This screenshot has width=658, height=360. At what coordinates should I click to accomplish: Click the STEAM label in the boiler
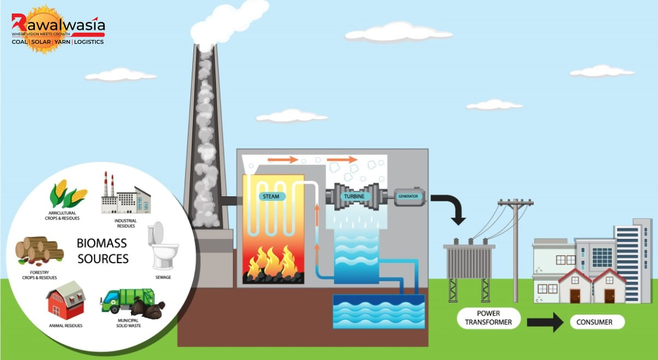tap(271, 196)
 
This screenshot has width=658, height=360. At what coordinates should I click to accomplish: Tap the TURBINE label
tap(354, 196)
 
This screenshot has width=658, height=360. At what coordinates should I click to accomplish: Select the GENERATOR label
tap(408, 196)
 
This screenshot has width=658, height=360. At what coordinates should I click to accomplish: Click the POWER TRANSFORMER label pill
tap(489, 318)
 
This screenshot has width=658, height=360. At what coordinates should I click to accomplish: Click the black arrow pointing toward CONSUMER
tap(545, 322)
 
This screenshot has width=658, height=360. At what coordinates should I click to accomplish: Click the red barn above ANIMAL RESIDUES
tap(66, 300)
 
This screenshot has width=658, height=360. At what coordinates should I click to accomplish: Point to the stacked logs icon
tap(39, 251)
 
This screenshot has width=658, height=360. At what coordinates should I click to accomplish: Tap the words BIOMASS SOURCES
tap(102, 251)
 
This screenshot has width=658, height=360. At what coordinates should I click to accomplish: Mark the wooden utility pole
tap(515, 250)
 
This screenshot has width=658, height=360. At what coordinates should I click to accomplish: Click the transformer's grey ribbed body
tap(469, 262)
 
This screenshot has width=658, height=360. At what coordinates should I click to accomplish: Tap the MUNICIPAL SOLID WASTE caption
tap(128, 323)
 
